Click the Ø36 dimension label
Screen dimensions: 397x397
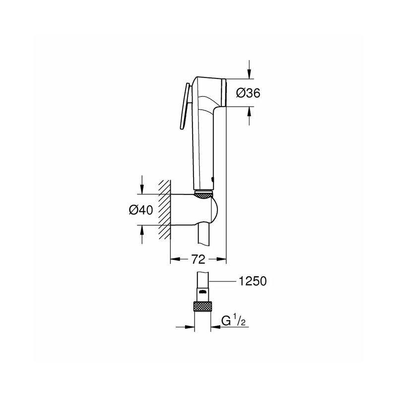tap(248, 93)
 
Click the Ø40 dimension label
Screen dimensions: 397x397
tap(141, 210)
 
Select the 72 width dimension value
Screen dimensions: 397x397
tap(198, 259)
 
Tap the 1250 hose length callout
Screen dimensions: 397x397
tap(253, 281)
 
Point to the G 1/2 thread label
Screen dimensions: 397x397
tap(233, 321)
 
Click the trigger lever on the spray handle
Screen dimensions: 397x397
tap(186, 106)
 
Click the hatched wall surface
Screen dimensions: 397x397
tap(165, 209)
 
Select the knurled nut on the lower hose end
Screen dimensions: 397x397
tap(202, 306)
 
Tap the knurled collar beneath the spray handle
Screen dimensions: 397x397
tap(204, 195)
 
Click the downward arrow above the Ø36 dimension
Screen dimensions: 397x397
tap(250, 69)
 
